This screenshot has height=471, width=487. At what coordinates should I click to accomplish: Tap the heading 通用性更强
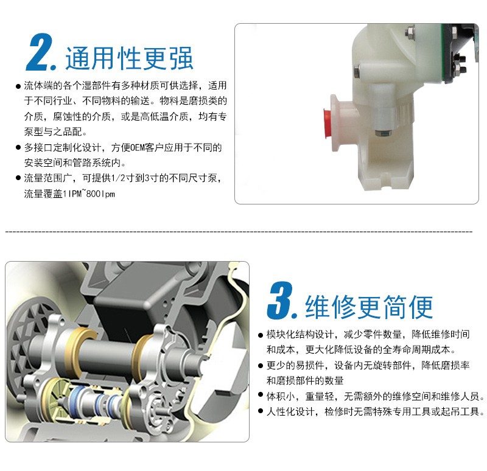click(129, 58)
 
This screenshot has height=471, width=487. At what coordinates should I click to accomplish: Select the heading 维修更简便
click(369, 307)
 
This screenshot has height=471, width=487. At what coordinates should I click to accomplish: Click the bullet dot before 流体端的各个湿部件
click(18, 86)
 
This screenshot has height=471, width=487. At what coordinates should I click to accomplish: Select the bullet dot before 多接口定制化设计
click(18, 148)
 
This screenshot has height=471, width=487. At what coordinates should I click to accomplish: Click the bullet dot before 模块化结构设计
click(261, 335)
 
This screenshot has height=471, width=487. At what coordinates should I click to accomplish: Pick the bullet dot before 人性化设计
click(261, 411)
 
